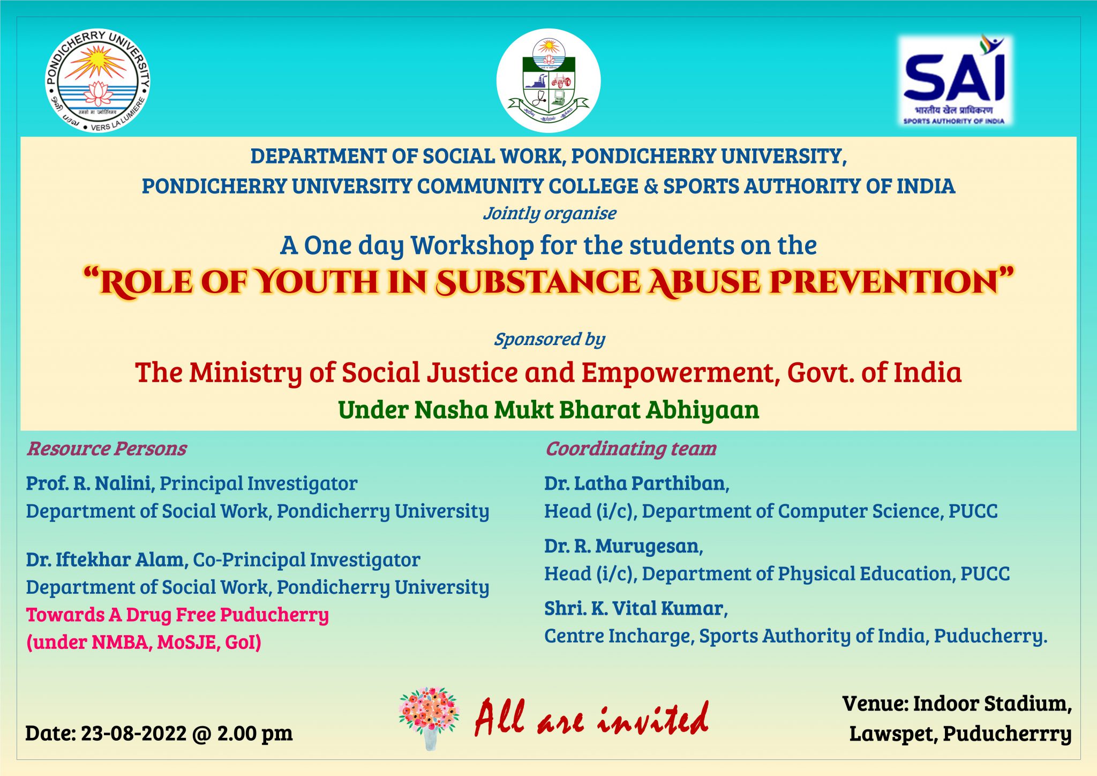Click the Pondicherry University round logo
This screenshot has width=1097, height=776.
click(97, 81)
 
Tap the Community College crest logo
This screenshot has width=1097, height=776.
click(548, 81)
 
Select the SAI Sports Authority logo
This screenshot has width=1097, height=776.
click(955, 80)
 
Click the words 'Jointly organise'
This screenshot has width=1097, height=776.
click(550, 213)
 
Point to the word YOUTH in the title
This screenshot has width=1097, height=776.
click(316, 282)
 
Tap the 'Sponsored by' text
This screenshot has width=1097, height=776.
click(549, 339)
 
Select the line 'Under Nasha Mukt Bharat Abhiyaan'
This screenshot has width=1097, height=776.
click(548, 410)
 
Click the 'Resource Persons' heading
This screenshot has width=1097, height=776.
click(107, 449)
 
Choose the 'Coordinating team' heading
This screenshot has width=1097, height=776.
click(630, 449)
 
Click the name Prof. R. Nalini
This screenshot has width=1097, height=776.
click(90, 483)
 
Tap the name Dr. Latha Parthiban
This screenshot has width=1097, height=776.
click(636, 483)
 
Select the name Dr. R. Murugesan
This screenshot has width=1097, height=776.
click(623, 546)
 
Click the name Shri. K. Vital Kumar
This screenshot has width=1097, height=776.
click(635, 608)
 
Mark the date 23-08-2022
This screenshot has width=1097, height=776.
click(133, 733)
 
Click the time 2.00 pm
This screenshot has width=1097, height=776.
click(254, 733)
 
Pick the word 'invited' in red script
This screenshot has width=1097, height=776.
click(653, 718)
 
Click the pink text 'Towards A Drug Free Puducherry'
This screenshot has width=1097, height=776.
click(177, 615)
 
